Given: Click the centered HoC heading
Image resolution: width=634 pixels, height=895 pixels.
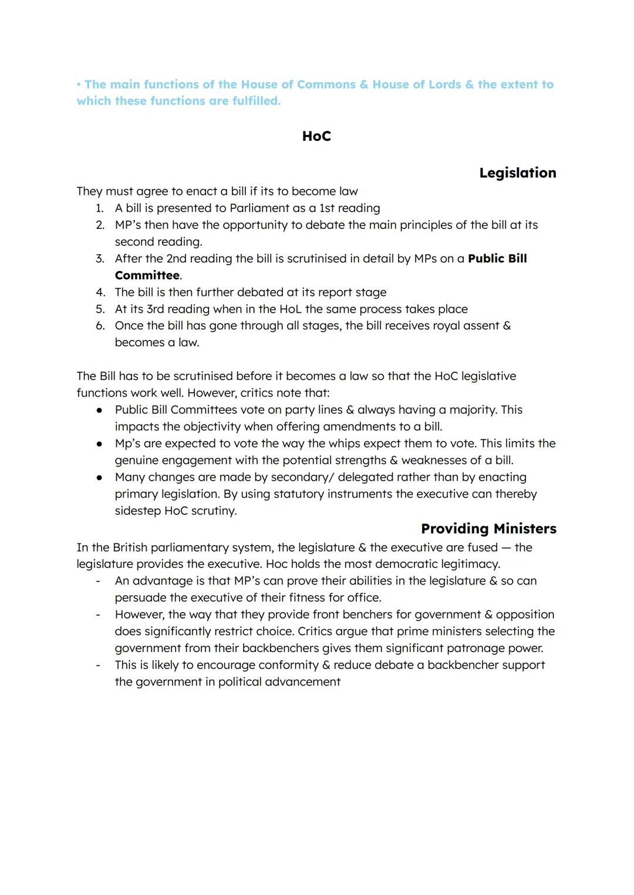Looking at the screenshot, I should coord(316,136).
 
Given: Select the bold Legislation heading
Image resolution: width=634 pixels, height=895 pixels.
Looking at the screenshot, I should coord(517,173).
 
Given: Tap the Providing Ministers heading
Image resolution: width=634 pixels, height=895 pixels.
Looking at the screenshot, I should coord(488,528).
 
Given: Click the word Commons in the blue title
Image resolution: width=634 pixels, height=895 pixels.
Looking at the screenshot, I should coord(326,85).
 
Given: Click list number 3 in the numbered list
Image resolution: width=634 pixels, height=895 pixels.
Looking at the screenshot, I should coord(100,259).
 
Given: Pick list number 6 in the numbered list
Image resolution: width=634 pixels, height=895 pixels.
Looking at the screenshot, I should coord(100,326).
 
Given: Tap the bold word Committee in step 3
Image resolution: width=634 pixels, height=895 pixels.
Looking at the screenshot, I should coord(147,275).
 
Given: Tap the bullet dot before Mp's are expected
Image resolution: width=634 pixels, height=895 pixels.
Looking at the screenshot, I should coord(100,444).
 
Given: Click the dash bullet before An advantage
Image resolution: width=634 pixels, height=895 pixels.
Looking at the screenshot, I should coord(98,581).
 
